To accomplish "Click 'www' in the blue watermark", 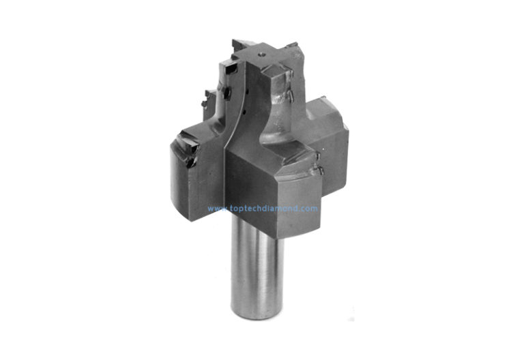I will [216, 209].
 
